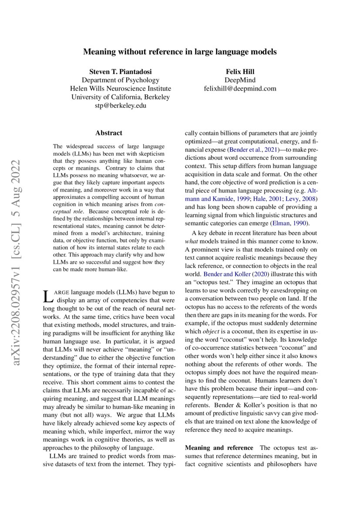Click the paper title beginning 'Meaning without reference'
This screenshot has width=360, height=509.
click(x=180, y=52)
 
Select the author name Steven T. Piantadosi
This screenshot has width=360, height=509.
click(x=121, y=71)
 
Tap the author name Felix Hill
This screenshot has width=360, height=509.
click(x=240, y=71)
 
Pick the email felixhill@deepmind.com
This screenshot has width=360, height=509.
click(x=240, y=88)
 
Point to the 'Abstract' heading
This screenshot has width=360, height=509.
click(x=109, y=133)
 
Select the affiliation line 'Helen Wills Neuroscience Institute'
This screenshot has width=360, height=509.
click(x=121, y=88)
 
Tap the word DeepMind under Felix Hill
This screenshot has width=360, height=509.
click(x=240, y=80)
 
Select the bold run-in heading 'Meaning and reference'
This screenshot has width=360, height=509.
click(x=219, y=448)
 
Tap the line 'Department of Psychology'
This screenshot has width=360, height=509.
click(x=121, y=80)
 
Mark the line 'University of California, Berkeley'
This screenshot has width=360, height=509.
click(x=121, y=97)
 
